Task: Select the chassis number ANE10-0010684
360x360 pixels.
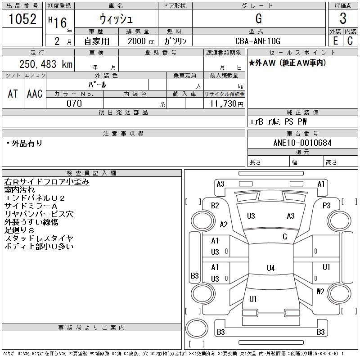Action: (x=302, y=143)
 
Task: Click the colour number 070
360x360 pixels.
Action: (x=74, y=103)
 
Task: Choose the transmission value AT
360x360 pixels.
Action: (x=13, y=94)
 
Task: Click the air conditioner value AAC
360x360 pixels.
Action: (x=35, y=94)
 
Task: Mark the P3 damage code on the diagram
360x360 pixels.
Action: (x=327, y=206)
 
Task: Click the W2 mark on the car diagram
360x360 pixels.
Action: (x=320, y=291)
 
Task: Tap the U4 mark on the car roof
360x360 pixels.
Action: (x=270, y=268)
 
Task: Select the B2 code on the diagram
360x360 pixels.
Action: (x=215, y=206)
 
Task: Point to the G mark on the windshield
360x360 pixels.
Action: (x=285, y=237)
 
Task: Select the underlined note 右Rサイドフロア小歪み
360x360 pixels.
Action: (x=47, y=181)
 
